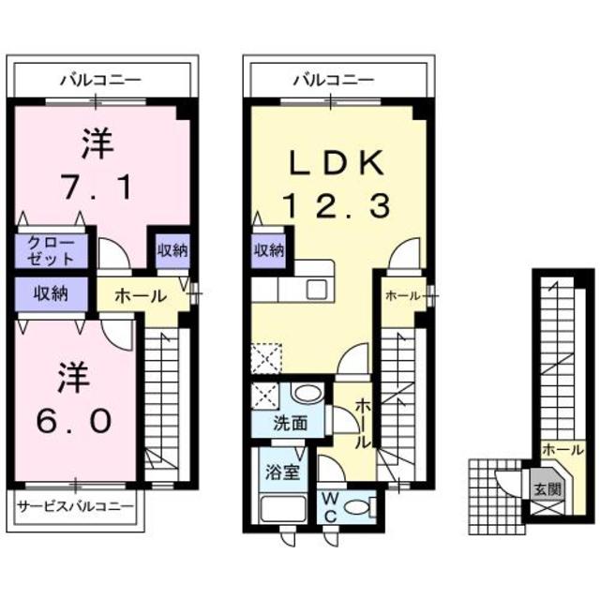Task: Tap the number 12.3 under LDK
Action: click(x=334, y=204)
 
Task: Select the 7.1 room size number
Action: click(x=97, y=186)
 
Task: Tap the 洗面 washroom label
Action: click(x=291, y=422)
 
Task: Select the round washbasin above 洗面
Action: click(x=306, y=395)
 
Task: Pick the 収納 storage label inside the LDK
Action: click(x=268, y=249)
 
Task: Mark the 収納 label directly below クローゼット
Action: click(x=51, y=292)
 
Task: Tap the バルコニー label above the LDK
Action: click(x=334, y=80)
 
